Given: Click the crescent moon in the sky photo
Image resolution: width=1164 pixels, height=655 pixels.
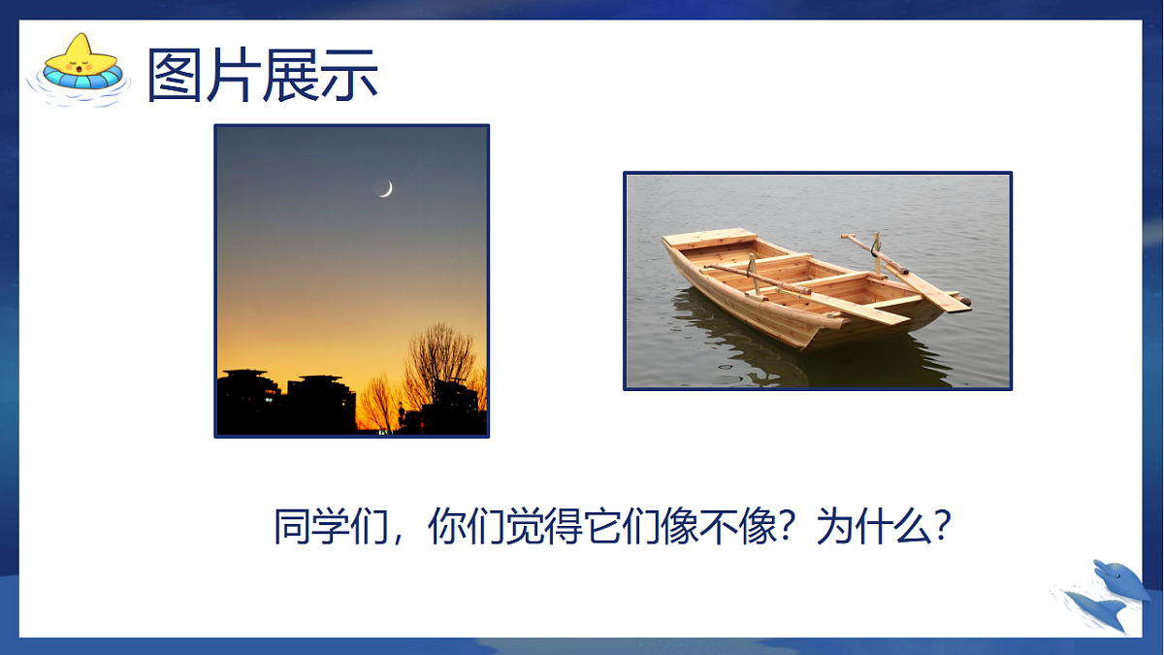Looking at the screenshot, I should [x=386, y=189].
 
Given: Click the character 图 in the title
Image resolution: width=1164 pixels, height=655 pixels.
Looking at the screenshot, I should [x=176, y=75].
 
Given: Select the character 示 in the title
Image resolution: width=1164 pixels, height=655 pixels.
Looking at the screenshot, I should [x=348, y=75].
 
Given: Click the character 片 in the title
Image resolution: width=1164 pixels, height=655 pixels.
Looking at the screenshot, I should [x=232, y=75].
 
